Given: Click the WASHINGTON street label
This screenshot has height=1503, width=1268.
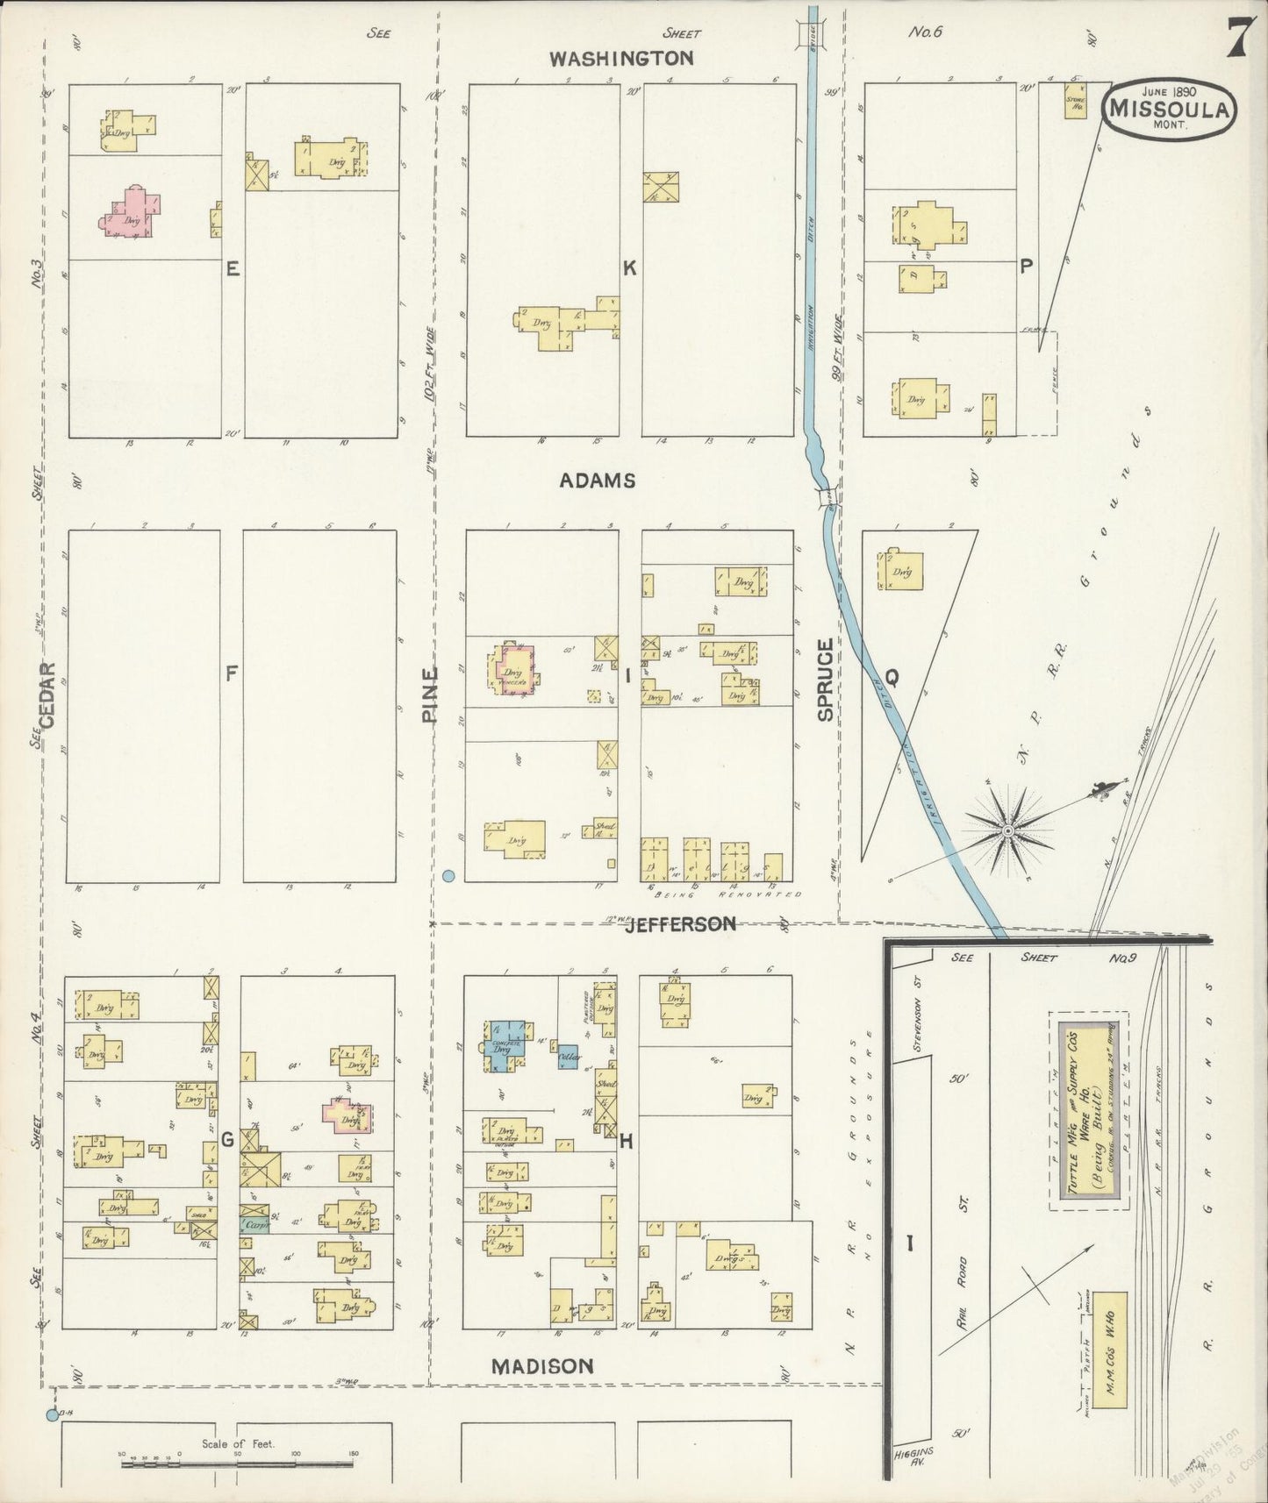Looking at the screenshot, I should [x=621, y=59].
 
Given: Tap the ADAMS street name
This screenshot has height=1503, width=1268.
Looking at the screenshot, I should [x=598, y=481].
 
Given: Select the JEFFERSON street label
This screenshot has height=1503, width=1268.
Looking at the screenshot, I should [x=680, y=924].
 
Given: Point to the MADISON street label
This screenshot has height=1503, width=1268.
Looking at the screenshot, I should [x=541, y=1366].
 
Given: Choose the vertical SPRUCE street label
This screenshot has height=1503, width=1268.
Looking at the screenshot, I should [x=825, y=680].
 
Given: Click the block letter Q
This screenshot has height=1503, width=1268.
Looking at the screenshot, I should [x=891, y=677].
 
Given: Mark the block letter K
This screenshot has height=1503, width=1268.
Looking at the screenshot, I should [x=629, y=269].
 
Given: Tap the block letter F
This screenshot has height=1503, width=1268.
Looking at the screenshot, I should [x=232, y=673].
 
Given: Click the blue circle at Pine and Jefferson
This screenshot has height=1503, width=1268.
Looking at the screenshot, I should [x=448, y=875].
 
